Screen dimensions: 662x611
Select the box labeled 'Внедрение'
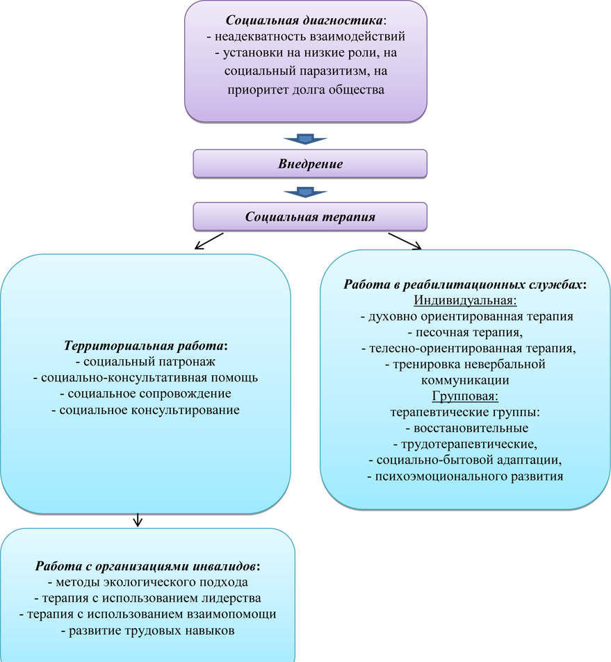(x=310, y=165)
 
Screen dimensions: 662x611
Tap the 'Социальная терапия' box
(x=310, y=217)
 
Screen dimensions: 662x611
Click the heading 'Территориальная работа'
(x=145, y=345)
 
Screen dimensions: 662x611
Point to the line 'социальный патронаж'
(x=145, y=361)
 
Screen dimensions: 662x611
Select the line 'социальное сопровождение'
(x=145, y=394)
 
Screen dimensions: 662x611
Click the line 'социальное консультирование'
(x=145, y=410)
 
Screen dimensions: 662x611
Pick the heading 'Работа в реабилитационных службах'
(x=464, y=284)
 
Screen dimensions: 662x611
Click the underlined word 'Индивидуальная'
(x=465, y=300)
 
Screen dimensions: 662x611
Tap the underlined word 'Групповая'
(x=465, y=396)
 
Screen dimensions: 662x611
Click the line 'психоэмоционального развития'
(x=464, y=477)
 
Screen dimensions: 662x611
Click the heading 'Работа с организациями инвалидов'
(x=147, y=565)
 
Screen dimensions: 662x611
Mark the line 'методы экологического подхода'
(x=147, y=582)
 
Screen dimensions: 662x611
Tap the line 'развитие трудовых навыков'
(x=147, y=631)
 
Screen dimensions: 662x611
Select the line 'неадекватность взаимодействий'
(x=306, y=36)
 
